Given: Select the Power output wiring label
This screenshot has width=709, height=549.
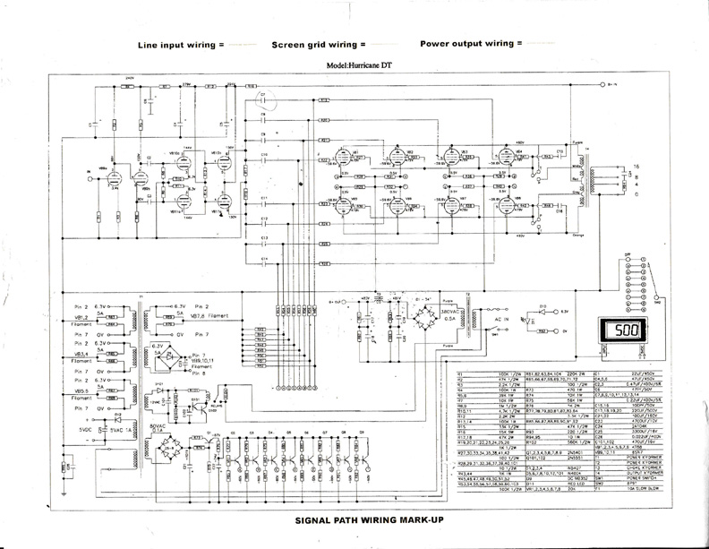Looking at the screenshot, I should [x=469, y=43].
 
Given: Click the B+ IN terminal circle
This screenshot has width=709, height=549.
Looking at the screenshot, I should [x=599, y=84].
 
